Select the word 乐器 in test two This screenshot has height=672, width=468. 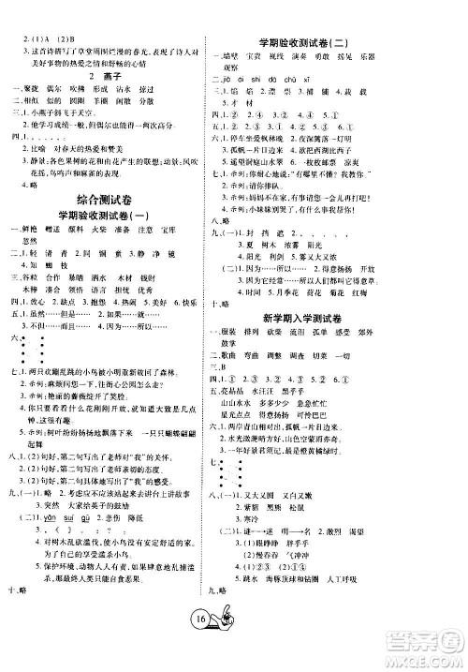pos(402,55)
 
